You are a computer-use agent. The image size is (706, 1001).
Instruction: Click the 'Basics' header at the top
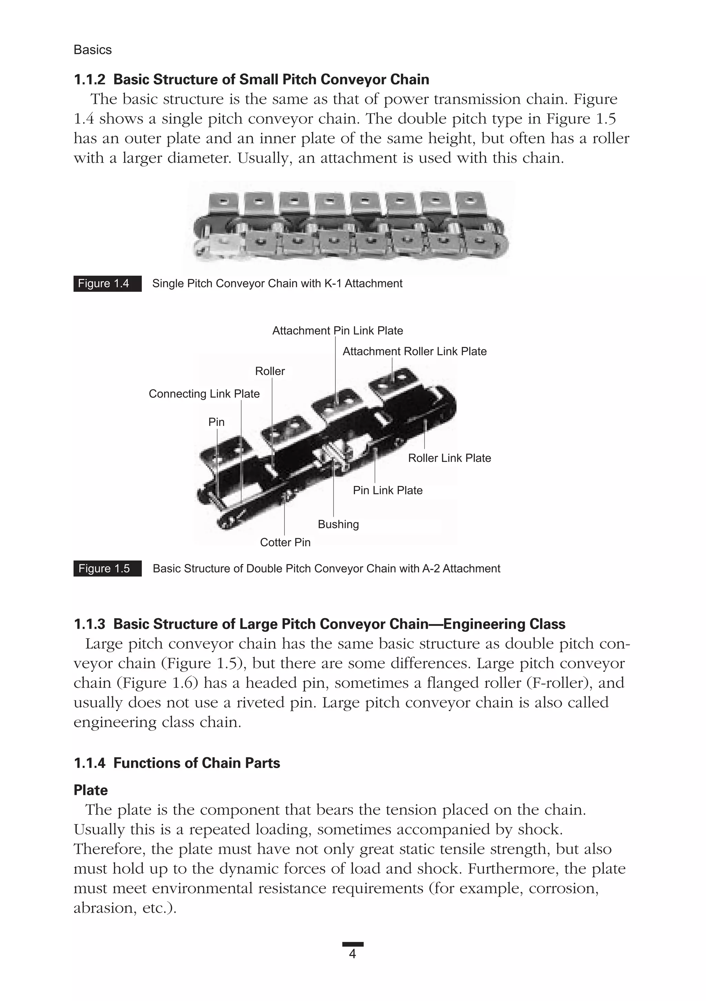[x=92, y=50]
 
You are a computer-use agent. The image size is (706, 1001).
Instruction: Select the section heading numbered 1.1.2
[x=251, y=80]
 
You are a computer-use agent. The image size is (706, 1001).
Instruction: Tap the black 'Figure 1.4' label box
[x=107, y=284]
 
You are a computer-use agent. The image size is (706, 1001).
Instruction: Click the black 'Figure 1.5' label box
[x=107, y=568]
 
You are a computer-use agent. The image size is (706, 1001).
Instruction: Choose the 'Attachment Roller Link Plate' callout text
[x=414, y=351]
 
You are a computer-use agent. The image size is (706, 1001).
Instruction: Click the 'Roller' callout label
[x=270, y=371]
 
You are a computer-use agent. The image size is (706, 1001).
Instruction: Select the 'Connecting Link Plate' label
[x=204, y=394]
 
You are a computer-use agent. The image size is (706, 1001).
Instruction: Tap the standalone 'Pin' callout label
[x=216, y=422]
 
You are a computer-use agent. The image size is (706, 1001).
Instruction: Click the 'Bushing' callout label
[x=338, y=525]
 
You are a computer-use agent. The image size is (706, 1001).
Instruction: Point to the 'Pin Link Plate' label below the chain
[x=387, y=490]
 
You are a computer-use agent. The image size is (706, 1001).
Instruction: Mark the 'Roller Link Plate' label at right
[x=449, y=458]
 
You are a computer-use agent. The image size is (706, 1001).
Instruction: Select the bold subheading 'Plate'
[x=91, y=791]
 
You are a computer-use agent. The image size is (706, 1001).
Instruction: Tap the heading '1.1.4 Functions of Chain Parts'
[x=177, y=763]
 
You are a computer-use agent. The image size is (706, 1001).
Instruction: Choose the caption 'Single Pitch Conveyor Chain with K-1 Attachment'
[x=277, y=284]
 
